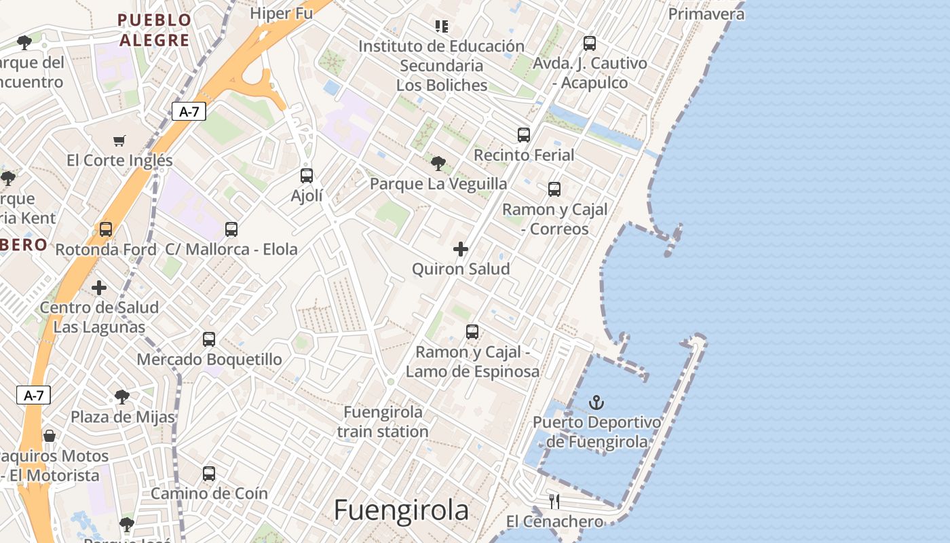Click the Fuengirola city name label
[401, 510]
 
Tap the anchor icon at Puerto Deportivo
[596, 402]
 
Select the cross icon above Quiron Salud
[461, 249]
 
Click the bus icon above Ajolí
[307, 176]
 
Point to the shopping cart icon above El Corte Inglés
[119, 141]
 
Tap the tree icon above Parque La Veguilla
[438, 164]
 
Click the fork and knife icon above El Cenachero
[554, 502]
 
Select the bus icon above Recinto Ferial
[523, 135]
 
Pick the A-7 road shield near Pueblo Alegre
[189, 111]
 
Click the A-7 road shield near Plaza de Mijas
[33, 395]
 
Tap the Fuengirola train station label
[383, 422]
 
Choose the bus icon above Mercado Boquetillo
[209, 339]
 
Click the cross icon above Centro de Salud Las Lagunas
[99, 288]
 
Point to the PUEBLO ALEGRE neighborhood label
[154, 30]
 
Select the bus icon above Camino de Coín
[209, 474]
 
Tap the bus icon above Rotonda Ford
[106, 229]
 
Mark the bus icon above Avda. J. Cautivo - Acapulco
[590, 43]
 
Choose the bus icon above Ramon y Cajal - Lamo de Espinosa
[472, 332]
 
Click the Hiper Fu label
[281, 13]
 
